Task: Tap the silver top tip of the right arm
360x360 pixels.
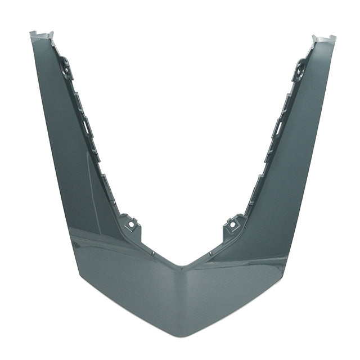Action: click(323, 39)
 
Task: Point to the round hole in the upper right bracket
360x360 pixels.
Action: click(300, 72)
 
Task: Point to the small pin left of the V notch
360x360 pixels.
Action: click(152, 253)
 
